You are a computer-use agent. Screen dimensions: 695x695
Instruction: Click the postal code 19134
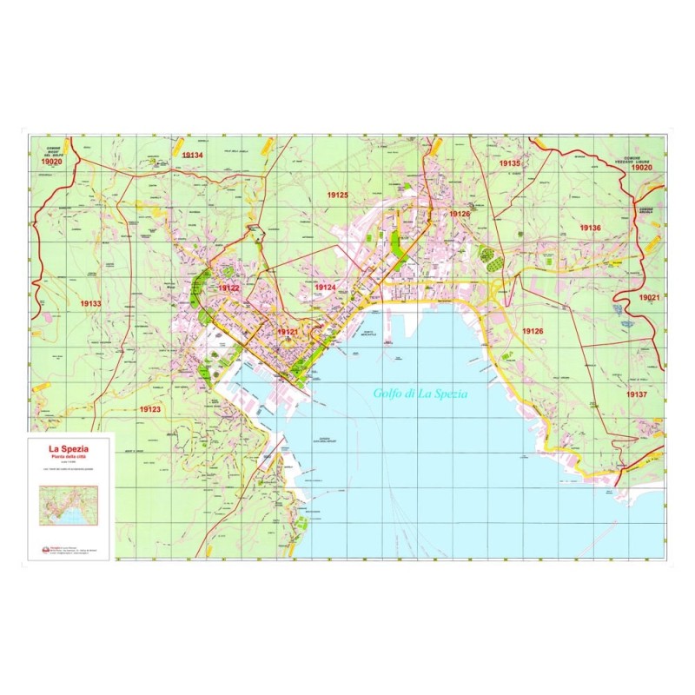coord(192,155)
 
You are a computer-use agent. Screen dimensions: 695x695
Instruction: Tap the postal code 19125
coord(337,195)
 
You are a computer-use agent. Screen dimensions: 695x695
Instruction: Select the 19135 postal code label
coord(509,163)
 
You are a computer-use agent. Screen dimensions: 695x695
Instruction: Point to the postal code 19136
coord(590,228)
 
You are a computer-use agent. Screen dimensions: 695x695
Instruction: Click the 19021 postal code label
coord(649,297)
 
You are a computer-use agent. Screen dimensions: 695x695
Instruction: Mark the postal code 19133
coord(89,304)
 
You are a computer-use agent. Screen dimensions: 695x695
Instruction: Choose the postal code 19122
coord(228,288)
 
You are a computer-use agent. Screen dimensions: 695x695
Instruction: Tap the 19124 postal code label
coord(325,288)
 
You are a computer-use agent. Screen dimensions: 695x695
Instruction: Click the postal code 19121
coord(288,332)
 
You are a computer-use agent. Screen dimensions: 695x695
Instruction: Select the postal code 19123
coord(150,408)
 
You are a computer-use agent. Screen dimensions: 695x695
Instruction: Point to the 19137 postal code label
coord(637,394)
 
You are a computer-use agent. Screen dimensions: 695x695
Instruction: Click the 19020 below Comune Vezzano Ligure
coord(642,167)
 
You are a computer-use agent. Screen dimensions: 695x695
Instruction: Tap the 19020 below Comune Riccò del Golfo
coord(51,162)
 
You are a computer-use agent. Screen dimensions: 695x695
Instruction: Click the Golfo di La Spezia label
coord(420,394)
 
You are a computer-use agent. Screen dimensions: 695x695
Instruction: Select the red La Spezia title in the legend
coord(68,448)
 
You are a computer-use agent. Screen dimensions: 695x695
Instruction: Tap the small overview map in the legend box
coord(68,505)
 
